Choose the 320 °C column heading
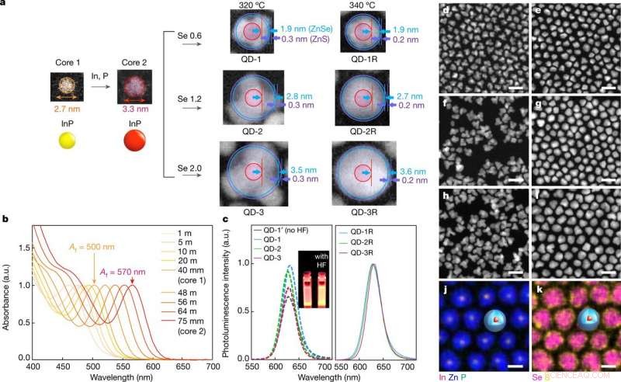(x=252, y=6)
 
